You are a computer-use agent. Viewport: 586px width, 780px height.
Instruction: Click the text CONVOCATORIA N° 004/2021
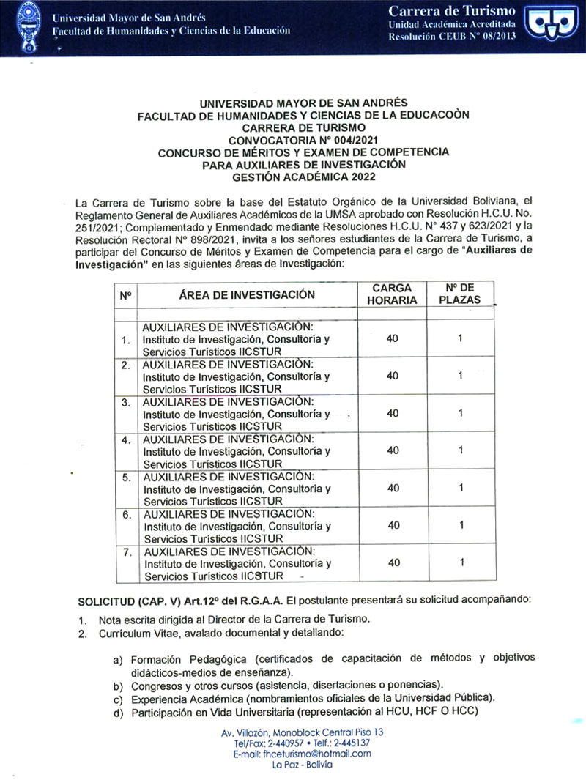pos(304,140)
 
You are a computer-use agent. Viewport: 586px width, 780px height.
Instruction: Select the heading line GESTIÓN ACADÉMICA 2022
pos(304,177)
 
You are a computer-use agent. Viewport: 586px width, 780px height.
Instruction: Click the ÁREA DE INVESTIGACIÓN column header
pos(247,294)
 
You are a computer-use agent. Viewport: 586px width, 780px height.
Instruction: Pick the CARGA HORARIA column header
pos(393,294)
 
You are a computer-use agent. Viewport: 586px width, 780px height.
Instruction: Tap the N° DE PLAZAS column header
pos(461,294)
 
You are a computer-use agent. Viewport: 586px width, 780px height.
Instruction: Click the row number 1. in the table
pos(126,340)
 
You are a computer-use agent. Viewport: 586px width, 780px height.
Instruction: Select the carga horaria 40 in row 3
pos(393,413)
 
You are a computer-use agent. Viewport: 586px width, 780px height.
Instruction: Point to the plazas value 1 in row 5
pos(461,488)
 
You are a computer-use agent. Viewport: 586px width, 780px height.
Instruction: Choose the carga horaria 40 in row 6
pos(393,525)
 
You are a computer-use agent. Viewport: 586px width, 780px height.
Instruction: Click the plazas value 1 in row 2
pos(461,376)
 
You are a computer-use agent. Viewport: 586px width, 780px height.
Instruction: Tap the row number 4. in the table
pos(126,439)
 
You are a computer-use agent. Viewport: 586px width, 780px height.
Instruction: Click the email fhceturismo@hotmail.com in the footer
pos(302,753)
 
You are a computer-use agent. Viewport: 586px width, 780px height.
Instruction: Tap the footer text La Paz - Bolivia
pos(302,764)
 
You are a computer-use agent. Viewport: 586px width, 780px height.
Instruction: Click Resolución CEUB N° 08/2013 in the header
pos(452,36)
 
